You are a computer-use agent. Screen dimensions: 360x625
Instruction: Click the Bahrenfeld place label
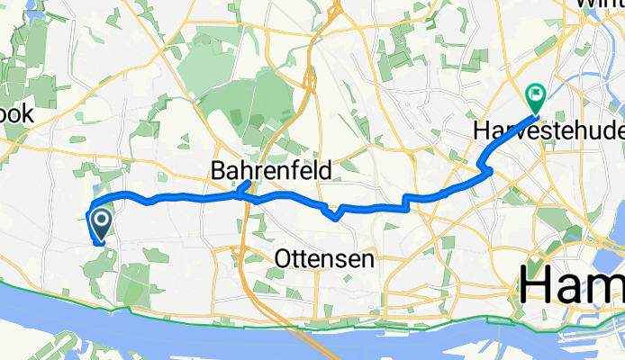[270, 168]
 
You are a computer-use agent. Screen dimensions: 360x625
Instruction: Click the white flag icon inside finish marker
[538, 91]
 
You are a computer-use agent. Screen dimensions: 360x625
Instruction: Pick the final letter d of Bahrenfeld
[326, 168]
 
